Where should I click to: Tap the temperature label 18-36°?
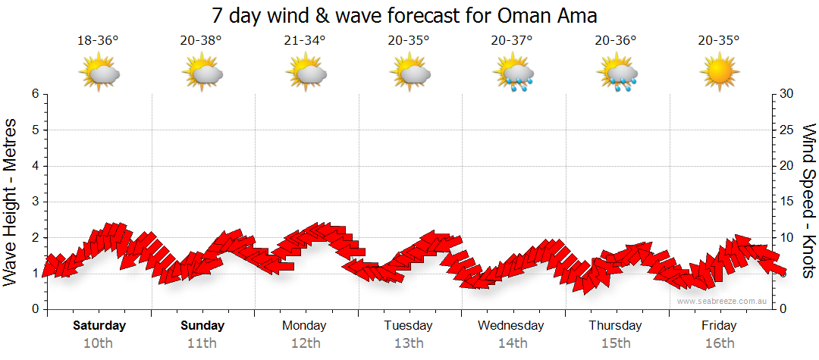coord(98,41)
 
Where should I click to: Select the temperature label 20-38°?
coord(202,41)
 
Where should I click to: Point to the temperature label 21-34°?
coord(305,41)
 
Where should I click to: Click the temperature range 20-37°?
coord(512,41)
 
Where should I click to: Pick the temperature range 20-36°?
coord(616,41)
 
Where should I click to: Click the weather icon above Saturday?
coord(99,74)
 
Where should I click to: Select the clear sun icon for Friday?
coord(719,74)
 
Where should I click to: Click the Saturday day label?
coord(99,326)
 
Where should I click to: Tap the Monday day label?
coord(304,326)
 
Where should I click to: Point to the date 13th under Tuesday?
coord(409,343)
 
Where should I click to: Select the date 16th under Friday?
coord(719,343)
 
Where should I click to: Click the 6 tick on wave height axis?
coord(35,94)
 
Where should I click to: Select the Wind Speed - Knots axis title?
coord(808,202)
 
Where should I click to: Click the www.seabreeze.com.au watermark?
coord(723,301)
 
